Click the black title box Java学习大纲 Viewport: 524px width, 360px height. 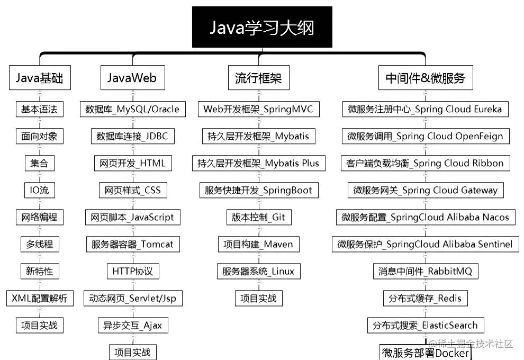click(x=262, y=27)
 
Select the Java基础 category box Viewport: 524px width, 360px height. click(x=39, y=78)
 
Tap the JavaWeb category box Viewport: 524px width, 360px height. click(x=132, y=78)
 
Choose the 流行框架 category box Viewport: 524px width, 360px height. click(x=258, y=78)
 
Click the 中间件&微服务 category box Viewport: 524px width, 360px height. click(x=425, y=78)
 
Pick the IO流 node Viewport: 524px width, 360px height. click(x=39, y=190)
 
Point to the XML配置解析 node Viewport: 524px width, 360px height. click(x=40, y=298)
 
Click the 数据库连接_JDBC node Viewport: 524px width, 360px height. click(x=132, y=136)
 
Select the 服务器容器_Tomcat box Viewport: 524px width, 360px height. click(x=132, y=244)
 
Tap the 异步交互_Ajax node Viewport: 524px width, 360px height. click(x=132, y=325)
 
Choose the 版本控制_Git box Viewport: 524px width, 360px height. click(x=258, y=217)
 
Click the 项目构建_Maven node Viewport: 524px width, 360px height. click(x=258, y=244)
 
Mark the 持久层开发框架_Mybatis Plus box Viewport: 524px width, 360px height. click(x=258, y=163)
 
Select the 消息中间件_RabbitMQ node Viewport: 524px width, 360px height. click(x=426, y=271)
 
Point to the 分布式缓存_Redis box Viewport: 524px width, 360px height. click(x=425, y=298)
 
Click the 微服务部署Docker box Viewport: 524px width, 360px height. click(x=426, y=353)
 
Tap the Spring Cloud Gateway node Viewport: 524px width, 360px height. click(x=426, y=190)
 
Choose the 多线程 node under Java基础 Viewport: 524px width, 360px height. click(x=39, y=244)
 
